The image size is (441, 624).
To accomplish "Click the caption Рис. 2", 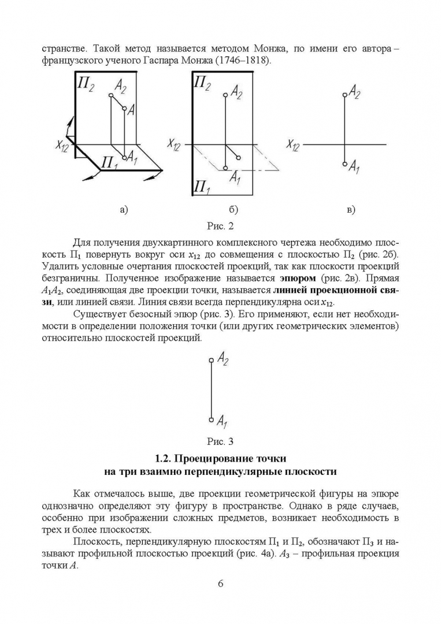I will [220, 225].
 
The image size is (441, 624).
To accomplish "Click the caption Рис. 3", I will [220, 442].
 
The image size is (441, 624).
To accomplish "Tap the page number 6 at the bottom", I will [220, 583].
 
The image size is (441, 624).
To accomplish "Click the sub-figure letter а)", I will [123, 209].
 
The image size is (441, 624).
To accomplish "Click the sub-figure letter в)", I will [350, 209].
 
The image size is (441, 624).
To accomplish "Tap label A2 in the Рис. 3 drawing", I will [223, 359].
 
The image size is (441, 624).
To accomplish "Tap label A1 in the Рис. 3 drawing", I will [223, 420].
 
